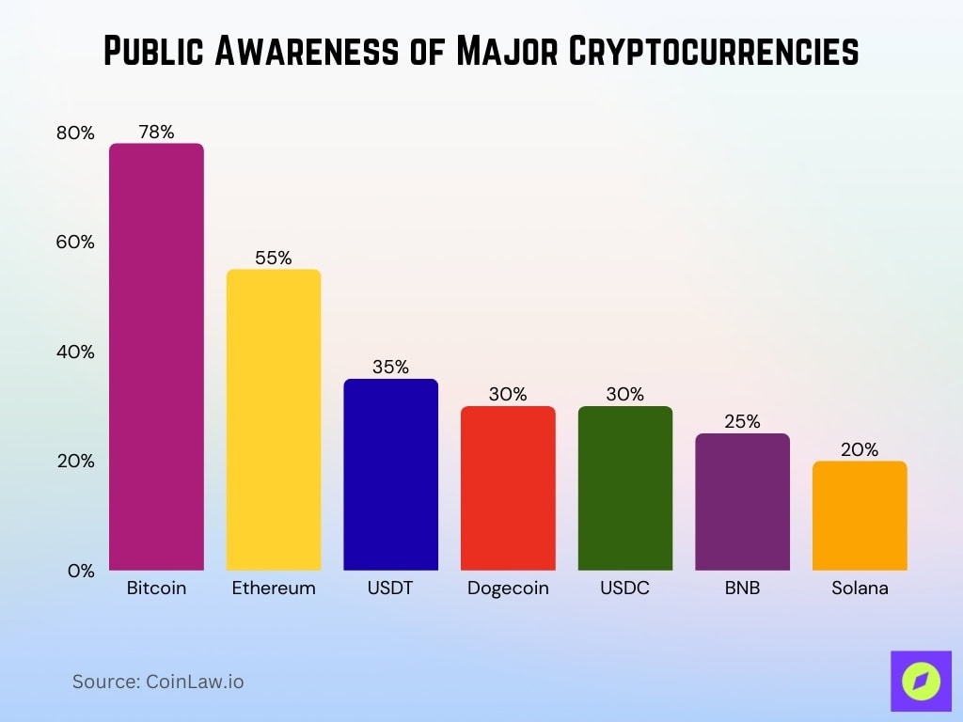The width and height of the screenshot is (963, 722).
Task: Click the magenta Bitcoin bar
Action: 156,357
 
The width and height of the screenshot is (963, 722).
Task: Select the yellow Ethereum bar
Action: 274,420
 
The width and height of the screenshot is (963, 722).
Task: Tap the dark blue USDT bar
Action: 390,475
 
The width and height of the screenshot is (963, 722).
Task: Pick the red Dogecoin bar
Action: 508,489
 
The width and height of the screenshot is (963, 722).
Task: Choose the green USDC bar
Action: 624,489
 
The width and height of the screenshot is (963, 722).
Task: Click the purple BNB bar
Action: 742,502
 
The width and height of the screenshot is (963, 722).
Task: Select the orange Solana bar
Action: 860,516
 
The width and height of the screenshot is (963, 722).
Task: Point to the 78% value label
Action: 156,132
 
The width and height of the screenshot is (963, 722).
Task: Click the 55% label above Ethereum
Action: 274,258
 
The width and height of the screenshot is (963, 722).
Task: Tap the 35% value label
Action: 390,368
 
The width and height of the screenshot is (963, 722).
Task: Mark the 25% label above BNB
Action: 742,422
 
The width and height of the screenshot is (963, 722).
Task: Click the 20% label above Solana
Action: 860,449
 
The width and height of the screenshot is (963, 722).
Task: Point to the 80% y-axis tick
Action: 75,133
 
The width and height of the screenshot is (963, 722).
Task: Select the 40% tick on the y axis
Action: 75,353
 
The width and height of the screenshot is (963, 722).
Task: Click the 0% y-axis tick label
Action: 81,572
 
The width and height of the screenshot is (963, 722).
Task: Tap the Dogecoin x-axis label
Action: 508,589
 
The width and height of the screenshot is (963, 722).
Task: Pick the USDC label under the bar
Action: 624,589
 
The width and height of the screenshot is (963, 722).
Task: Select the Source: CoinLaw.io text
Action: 158,682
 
